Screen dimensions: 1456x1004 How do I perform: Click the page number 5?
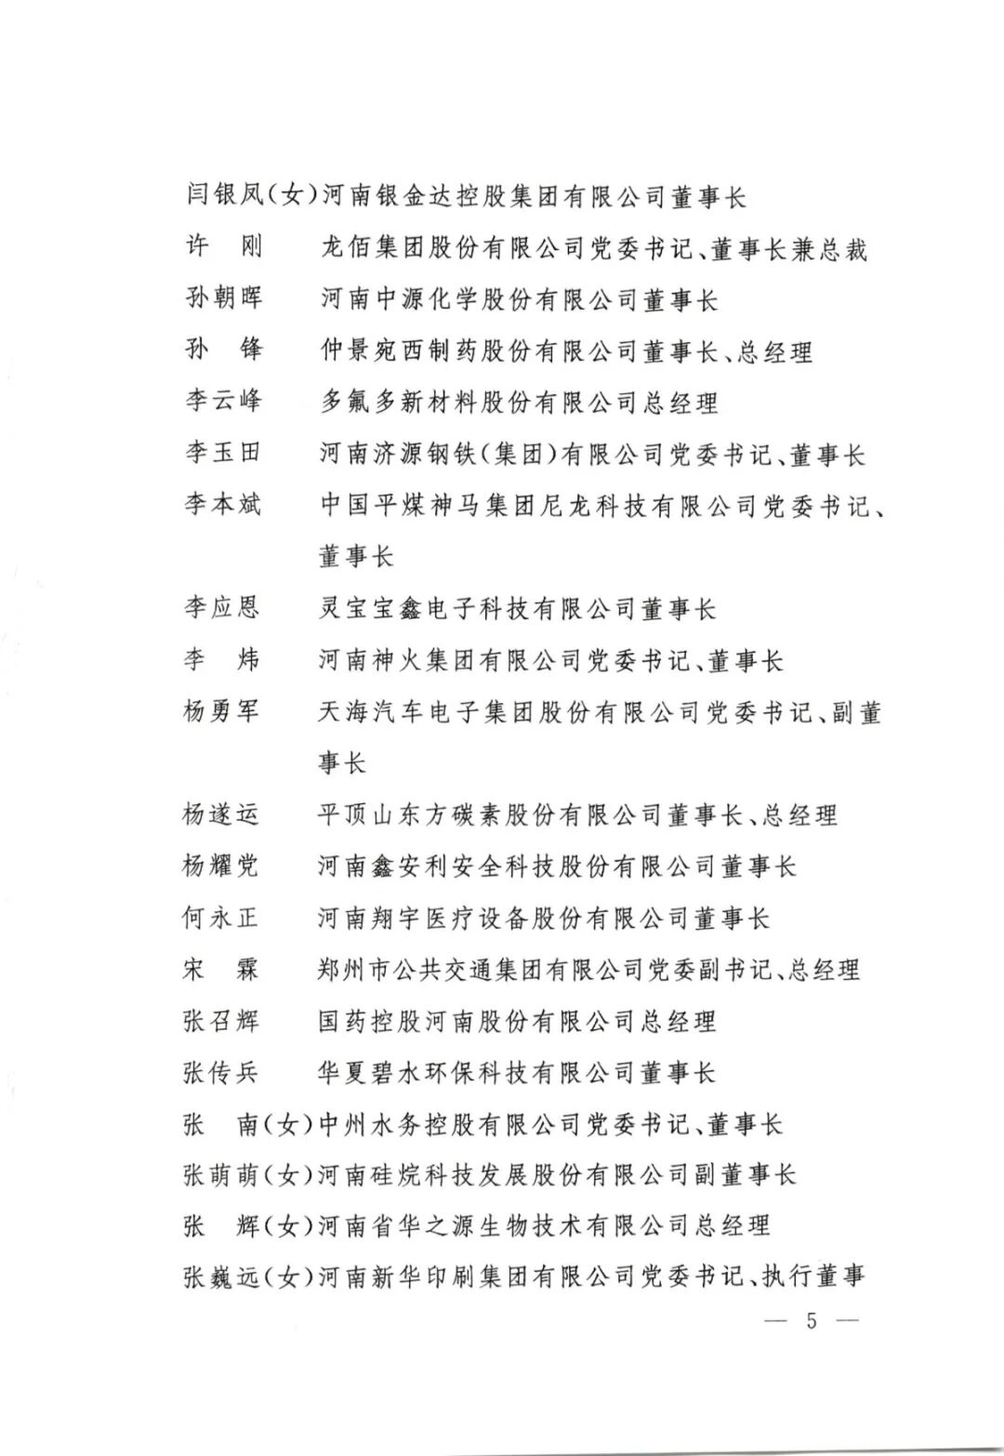(811, 1321)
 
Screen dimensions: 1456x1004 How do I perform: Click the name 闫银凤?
(225, 197)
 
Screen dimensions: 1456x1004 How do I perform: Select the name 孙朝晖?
(223, 299)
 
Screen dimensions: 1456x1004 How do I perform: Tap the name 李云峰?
(223, 402)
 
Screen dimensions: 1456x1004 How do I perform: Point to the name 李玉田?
(223, 454)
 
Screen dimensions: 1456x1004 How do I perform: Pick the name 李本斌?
(223, 505)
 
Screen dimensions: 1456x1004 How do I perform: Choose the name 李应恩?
(222, 608)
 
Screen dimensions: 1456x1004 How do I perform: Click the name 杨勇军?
(221, 712)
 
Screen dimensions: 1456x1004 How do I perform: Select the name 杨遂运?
(221, 815)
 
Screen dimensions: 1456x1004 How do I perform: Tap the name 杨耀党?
(221, 867)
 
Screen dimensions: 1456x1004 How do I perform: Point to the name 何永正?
(220, 919)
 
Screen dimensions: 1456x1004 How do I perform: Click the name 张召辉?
(220, 1022)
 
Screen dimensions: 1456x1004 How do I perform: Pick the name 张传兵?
(220, 1073)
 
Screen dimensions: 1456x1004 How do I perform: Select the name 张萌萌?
(220, 1175)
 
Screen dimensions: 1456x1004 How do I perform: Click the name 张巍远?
(221, 1277)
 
